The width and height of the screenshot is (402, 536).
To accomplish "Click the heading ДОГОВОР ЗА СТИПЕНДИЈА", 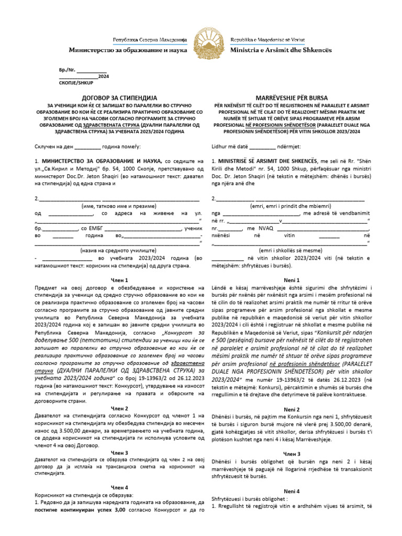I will click(117, 97).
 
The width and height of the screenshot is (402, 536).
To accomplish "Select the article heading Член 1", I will click(119, 281).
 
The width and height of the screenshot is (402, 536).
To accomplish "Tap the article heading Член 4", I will click(119, 487).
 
